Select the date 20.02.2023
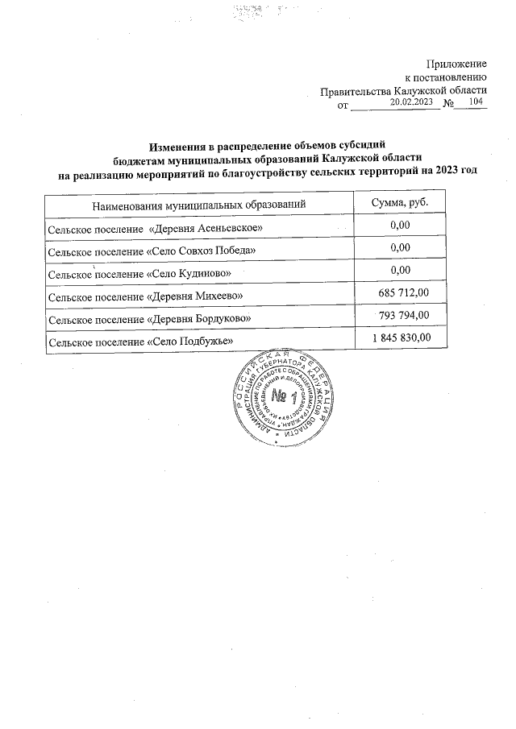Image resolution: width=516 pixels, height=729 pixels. pyautogui.click(x=411, y=103)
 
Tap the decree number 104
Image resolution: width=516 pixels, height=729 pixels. pyautogui.click(x=476, y=103)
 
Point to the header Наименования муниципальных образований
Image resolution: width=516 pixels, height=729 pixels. pyautogui.click(x=198, y=205)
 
